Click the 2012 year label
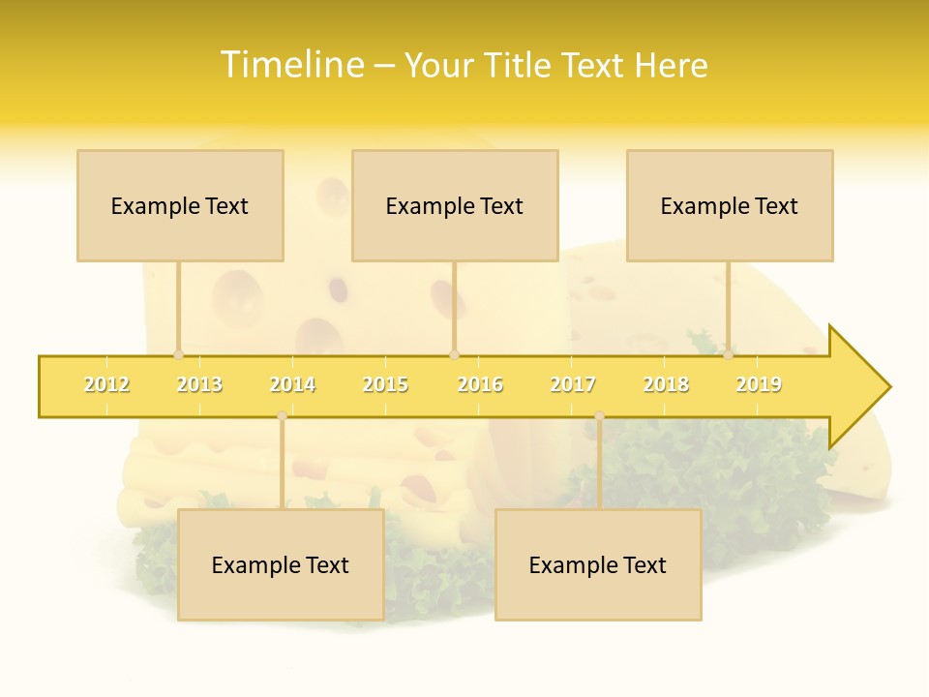click(106, 385)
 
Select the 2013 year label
click(199, 385)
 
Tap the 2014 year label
click(292, 385)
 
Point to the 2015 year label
click(385, 385)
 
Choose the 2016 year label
click(480, 385)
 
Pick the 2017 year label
click(573, 385)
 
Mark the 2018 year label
click(666, 385)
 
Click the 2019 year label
click(759, 385)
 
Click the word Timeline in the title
click(291, 65)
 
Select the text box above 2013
click(180, 205)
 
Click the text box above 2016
click(455, 205)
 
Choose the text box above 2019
click(730, 205)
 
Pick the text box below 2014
click(281, 564)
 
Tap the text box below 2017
click(598, 564)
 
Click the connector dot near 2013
click(178, 355)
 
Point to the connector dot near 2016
click(454, 355)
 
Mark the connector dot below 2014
click(282, 416)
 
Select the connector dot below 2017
click(599, 416)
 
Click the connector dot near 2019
click(728, 355)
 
